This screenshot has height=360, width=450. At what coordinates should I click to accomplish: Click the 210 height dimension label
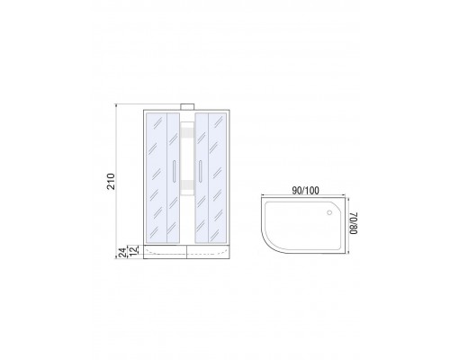(x=111, y=181)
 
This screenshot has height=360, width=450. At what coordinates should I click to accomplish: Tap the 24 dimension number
(x=121, y=252)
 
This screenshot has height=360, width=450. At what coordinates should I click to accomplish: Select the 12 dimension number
(x=134, y=250)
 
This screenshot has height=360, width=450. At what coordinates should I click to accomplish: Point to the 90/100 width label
(x=305, y=191)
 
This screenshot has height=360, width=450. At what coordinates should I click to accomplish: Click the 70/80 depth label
(x=354, y=223)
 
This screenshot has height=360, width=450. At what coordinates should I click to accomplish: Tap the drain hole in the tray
(x=329, y=212)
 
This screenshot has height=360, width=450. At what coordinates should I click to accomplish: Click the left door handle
(x=174, y=171)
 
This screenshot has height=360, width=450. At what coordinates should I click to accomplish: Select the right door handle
(x=200, y=171)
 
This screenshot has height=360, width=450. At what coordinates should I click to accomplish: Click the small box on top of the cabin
(x=187, y=106)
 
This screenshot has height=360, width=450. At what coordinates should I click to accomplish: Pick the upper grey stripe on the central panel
(x=187, y=133)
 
